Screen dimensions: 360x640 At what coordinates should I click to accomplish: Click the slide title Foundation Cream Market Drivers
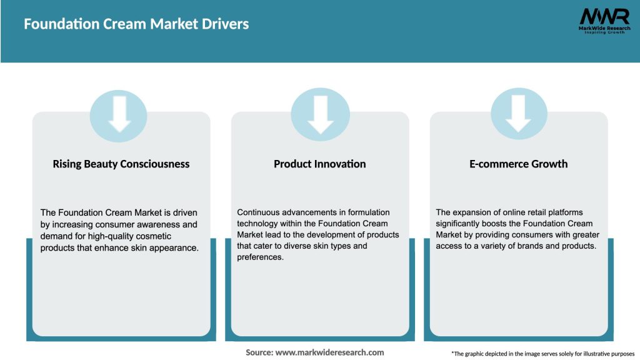(136, 24)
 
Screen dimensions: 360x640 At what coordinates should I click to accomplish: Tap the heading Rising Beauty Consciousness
(121, 164)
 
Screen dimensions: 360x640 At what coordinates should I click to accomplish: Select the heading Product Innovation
(320, 164)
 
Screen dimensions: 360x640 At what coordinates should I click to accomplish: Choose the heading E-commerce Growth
(519, 164)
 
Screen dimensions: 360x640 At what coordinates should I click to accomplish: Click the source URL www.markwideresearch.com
(330, 352)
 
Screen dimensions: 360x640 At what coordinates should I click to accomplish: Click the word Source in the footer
(259, 352)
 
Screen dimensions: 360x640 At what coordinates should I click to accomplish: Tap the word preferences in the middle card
(260, 257)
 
